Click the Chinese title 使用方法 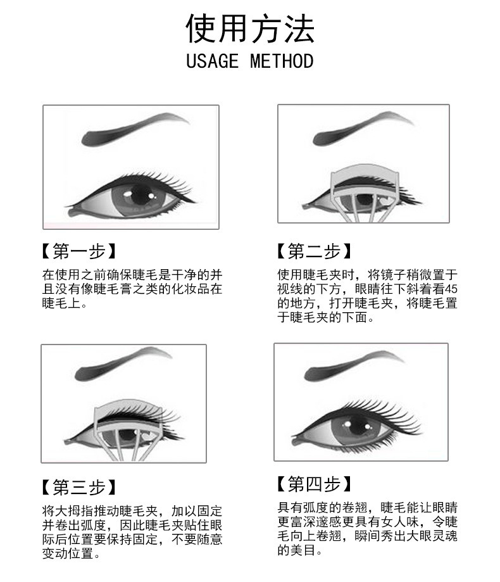pos(249,28)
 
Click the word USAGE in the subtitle pos(212,61)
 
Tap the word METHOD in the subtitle pos(282,61)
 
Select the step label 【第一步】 pos(78,251)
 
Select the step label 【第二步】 pos(314,251)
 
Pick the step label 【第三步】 pos(78,487)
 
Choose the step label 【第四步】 pos(314,484)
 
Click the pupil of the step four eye pos(357,426)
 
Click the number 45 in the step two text pos(451,289)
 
